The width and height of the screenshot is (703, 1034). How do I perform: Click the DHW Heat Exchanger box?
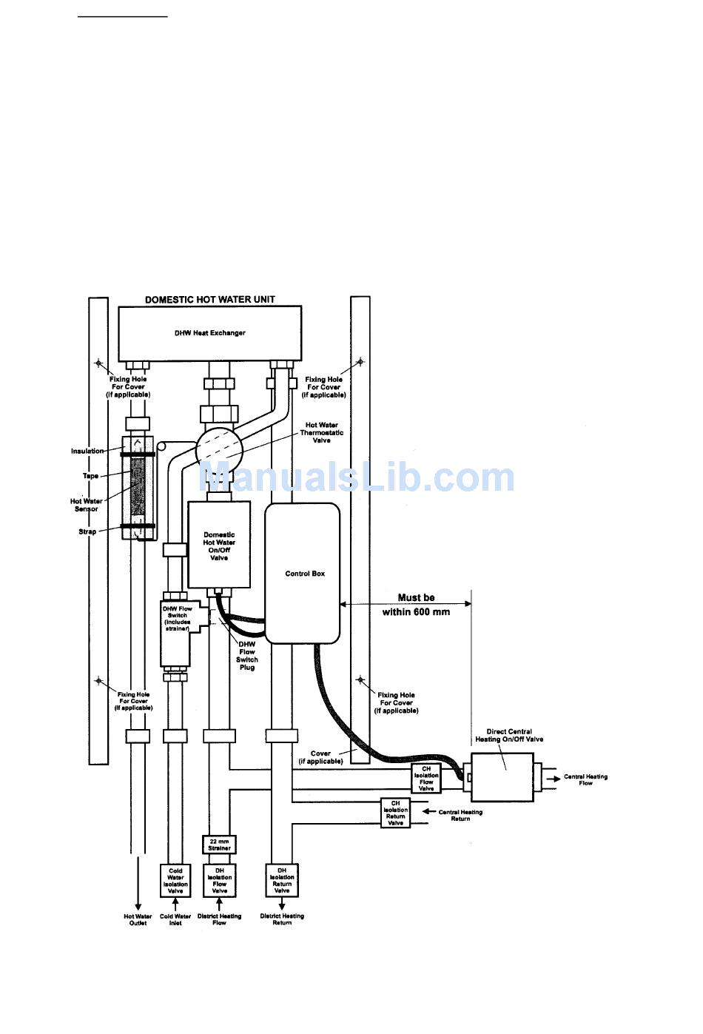[x=210, y=334]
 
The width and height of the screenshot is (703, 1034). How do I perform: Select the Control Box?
[x=303, y=574]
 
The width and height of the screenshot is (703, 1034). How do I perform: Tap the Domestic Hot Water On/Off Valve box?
[x=219, y=545]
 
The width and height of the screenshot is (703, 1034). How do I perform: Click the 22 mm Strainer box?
[x=219, y=845]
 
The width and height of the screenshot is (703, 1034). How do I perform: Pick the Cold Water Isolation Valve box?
[x=175, y=881]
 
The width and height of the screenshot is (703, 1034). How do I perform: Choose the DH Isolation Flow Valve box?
[x=219, y=881]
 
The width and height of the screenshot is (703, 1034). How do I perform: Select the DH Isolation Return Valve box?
[x=282, y=880]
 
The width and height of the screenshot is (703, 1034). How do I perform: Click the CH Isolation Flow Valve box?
[x=426, y=779]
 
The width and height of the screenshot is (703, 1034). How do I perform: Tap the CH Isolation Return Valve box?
[x=395, y=813]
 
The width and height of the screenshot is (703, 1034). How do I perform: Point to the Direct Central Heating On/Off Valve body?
[x=502, y=777]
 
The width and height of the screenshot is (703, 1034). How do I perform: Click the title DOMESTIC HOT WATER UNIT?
[x=210, y=300]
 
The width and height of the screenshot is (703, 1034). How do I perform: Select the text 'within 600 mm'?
[x=416, y=612]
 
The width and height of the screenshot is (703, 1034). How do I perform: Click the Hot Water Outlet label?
[x=138, y=919]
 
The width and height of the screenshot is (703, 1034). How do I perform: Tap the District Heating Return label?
[x=282, y=919]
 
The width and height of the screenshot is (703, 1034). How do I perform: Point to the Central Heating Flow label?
[x=585, y=779]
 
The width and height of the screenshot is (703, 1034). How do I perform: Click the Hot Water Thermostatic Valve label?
[x=322, y=433]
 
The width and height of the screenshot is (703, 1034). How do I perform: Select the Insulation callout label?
[x=87, y=451]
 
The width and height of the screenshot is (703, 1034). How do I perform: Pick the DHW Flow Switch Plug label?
[x=247, y=656]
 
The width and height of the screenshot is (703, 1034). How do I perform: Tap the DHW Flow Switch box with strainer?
[x=176, y=634]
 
